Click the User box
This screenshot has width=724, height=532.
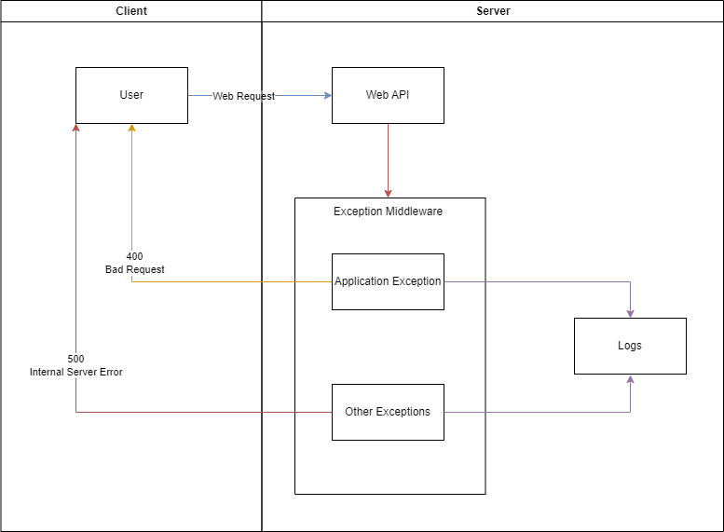131,95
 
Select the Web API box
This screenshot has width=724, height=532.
388,95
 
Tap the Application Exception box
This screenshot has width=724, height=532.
388,281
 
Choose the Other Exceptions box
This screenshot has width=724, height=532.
388,412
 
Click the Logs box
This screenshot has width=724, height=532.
630,346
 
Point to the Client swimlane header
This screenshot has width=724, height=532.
131,11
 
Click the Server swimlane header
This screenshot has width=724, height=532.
493,11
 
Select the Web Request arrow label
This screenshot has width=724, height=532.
243,96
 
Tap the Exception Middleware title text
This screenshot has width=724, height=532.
388,211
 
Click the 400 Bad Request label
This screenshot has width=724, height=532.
134,263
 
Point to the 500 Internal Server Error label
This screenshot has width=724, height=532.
75,365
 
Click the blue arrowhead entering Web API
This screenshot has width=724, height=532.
327,95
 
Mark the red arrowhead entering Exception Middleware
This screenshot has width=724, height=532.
388,193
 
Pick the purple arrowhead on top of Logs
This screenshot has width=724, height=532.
631,313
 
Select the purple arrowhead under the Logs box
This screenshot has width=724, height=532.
631,380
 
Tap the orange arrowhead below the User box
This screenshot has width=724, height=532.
131,129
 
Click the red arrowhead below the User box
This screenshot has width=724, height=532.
75,129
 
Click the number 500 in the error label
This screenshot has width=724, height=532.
75,359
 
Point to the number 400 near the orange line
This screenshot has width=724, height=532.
134,256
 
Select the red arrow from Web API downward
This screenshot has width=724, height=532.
388,158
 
